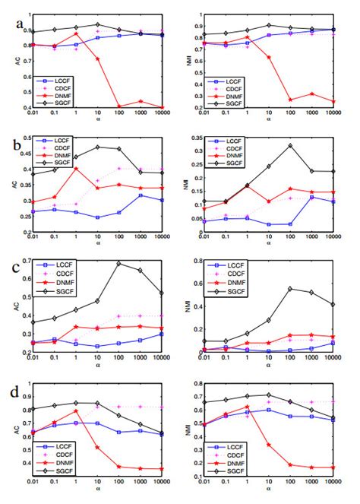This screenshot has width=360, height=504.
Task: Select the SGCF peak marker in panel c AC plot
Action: click(x=118, y=263)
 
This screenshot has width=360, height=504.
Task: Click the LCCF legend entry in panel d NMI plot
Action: click(x=241, y=456)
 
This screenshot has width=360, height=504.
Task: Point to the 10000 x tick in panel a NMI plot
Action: click(x=333, y=114)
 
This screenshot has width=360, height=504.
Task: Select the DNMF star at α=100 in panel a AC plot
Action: click(x=118, y=106)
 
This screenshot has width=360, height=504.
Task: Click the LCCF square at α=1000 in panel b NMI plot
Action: click(x=311, y=197)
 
